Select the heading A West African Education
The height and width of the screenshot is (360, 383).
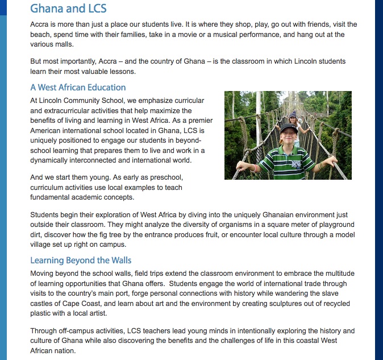pyautogui.click(x=78, y=88)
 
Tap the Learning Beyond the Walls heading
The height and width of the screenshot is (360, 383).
pyautogui.click(x=81, y=260)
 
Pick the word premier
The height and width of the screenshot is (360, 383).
pyautogui.click(x=191, y=121)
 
